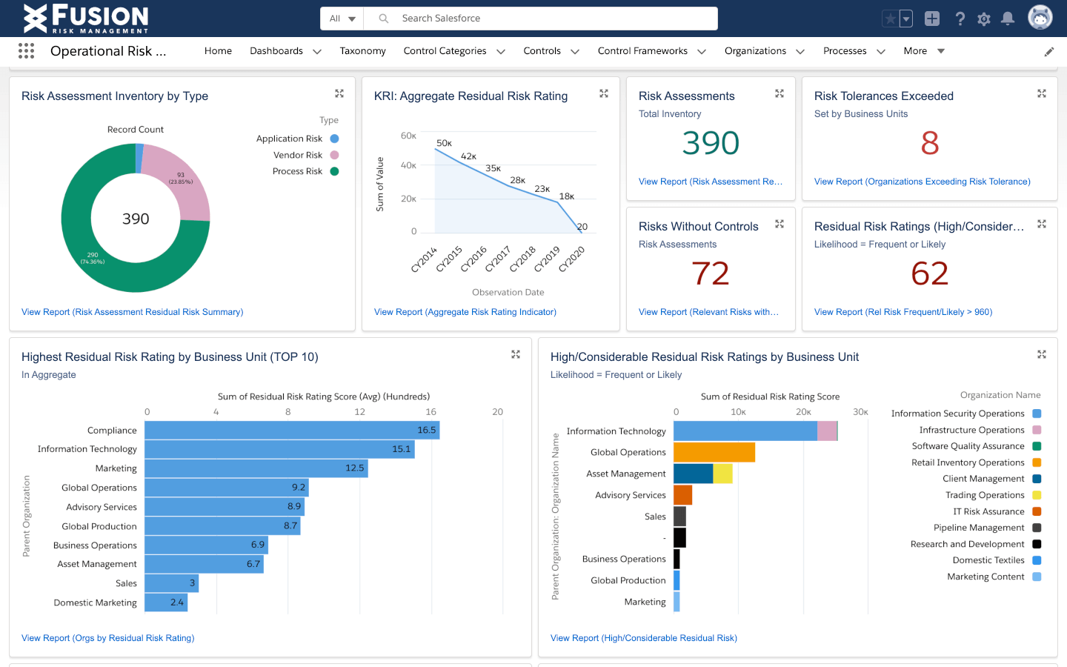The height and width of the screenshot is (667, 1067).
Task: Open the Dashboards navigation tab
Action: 276,51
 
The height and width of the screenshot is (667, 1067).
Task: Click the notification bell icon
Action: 1008,19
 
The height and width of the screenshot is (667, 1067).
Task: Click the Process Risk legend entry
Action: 298,171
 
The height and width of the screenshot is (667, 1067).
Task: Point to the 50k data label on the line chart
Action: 444,143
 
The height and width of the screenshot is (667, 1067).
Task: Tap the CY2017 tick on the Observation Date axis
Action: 498,259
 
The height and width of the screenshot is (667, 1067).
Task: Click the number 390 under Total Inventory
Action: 711,143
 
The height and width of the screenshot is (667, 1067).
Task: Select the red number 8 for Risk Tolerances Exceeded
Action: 930,143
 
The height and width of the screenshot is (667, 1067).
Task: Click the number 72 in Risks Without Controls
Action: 711,273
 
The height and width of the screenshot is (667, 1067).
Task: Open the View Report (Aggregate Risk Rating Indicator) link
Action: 465,312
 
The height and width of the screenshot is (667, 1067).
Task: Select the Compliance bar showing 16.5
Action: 291,430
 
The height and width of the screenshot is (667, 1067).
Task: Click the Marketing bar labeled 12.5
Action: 256,468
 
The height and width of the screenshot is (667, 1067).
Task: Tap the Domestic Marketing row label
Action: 96,603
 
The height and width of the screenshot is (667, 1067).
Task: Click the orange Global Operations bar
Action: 714,452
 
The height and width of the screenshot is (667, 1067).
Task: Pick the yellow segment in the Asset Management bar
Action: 722,474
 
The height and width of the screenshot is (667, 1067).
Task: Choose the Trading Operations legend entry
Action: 985,495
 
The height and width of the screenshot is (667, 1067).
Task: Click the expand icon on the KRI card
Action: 604,93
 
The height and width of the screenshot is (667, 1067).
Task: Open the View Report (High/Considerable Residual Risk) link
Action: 643,638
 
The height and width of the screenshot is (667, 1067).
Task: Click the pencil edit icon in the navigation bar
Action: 1049,52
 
